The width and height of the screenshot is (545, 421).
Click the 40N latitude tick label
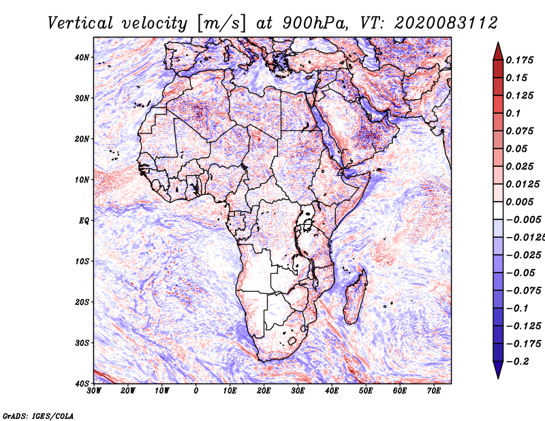pos(82,57)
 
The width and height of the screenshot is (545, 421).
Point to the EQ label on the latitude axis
pos(84,221)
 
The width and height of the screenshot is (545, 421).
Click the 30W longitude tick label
pos(94,391)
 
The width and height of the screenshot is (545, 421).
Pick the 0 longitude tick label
pos(196,391)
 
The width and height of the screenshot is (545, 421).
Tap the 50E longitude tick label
pos(366,391)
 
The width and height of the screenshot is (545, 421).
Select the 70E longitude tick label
pos(434,391)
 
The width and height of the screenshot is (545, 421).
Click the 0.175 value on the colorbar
pos(520,61)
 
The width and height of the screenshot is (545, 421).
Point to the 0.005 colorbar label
pos(520,202)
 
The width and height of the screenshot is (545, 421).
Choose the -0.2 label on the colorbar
pos(516,362)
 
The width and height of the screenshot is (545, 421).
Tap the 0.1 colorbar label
pos(513,113)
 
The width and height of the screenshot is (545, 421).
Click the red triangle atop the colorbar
pos(498,52)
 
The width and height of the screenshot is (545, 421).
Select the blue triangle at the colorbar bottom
pos(498,369)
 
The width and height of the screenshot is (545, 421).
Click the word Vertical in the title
pos(80,23)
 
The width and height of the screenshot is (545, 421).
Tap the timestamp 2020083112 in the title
pos(446,23)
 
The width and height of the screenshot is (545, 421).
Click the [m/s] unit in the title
pos(221,24)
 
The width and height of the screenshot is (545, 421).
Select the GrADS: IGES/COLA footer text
pos(38,416)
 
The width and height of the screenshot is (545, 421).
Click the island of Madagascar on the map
pos(355,297)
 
